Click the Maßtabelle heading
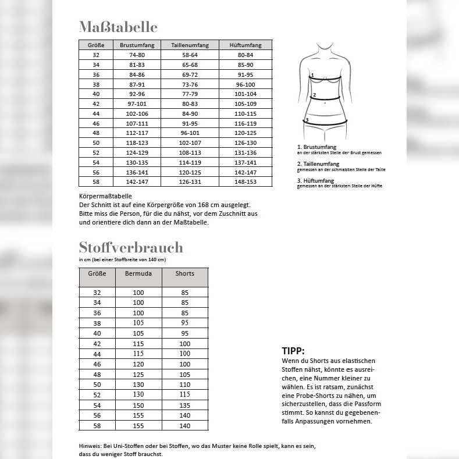tap(118, 27)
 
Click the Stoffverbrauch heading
tap(131, 247)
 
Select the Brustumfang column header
tap(137, 45)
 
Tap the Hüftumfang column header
tap(245, 45)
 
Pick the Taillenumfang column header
tap(190, 45)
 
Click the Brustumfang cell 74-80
tap(137, 55)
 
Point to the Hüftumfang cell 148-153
tap(245, 182)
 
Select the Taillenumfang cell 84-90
tap(190, 113)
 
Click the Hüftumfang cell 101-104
tap(245, 94)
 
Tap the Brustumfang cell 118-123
tap(137, 143)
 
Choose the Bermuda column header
tap(138, 273)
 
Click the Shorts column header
tap(185, 273)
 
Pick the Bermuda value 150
tap(138, 405)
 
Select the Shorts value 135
tap(185, 405)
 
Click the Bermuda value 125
tap(138, 374)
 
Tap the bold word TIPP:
tap(293, 351)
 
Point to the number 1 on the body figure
tap(312, 75)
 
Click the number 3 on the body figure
tap(307, 120)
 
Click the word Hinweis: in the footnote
tap(90, 446)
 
